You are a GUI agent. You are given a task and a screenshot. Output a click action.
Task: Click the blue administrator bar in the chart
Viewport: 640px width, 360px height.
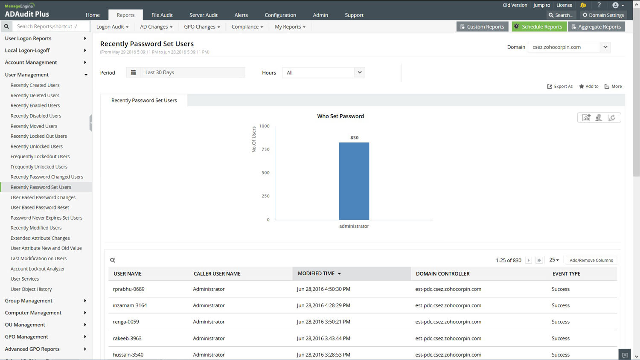point(354,181)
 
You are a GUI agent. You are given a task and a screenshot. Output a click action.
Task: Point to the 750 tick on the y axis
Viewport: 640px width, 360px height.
point(265,149)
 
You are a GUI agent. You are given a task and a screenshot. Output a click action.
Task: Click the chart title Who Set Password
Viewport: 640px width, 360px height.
point(340,116)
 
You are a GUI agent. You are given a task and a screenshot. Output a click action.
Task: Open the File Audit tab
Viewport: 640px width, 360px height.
point(162,15)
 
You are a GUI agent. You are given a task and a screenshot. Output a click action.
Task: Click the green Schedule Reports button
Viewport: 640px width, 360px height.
point(538,26)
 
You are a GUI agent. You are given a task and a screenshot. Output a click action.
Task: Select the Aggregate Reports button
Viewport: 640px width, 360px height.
point(596,26)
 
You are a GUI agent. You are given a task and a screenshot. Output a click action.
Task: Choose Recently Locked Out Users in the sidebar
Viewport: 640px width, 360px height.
point(38,136)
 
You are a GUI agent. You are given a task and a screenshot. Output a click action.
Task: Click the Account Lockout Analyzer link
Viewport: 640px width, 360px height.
point(38,269)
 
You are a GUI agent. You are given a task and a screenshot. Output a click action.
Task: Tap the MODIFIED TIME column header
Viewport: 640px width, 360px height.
point(316,273)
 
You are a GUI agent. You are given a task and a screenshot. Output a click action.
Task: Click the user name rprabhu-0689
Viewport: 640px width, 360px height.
point(128,289)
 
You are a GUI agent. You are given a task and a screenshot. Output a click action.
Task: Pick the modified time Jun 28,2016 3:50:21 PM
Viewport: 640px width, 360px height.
point(323,322)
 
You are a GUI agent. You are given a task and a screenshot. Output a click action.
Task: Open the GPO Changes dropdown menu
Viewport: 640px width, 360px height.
point(202,26)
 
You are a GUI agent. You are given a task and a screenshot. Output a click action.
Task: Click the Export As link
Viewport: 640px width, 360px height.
point(560,86)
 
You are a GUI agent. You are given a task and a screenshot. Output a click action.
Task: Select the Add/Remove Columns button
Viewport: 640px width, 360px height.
point(591,260)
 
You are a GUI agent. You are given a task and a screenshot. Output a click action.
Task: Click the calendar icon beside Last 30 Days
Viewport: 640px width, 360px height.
point(134,73)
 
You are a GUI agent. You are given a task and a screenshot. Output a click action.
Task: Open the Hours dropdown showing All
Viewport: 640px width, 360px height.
point(323,73)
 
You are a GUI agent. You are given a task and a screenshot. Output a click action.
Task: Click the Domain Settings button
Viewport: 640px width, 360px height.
point(603,15)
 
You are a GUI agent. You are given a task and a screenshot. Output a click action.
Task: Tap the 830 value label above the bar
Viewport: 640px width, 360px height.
point(355,138)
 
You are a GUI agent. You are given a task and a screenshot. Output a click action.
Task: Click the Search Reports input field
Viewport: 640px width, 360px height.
point(51,26)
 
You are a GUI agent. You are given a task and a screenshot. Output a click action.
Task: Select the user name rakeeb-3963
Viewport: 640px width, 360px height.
point(127,338)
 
